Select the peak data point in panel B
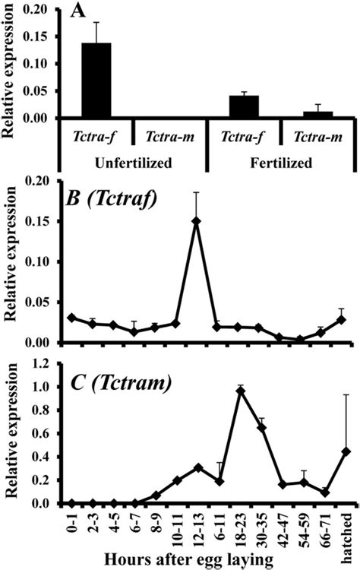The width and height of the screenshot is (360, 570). (197, 221)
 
